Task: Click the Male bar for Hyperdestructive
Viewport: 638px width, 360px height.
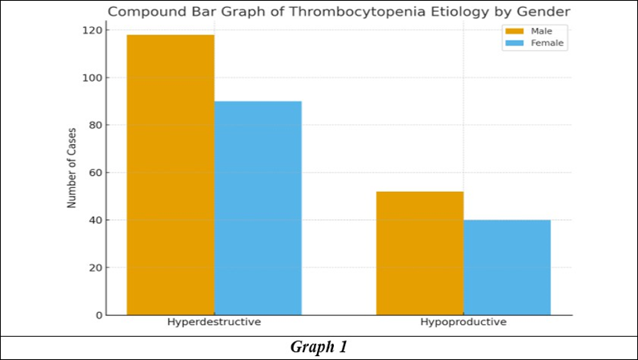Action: [171, 175]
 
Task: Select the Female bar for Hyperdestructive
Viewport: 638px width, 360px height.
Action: [258, 208]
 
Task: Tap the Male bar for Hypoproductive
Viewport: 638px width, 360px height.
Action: [419, 253]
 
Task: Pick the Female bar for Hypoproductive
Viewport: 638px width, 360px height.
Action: [507, 267]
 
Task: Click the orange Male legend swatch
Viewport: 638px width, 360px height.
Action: [514, 31]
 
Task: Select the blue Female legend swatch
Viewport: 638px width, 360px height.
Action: [514, 43]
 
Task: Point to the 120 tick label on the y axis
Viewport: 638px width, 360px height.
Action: [92, 30]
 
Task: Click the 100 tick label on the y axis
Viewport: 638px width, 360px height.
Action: [92, 78]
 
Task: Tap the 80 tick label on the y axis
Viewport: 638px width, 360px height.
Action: [96, 126]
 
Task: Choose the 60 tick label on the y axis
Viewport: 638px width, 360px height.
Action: [96, 173]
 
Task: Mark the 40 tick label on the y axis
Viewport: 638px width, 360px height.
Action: [96, 220]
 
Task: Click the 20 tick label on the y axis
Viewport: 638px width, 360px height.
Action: [96, 268]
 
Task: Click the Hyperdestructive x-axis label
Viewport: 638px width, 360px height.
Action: [214, 322]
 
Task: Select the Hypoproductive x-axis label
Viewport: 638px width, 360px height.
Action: [463, 322]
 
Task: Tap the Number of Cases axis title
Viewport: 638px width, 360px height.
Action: [71, 168]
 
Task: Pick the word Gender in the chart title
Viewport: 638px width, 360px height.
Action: [544, 12]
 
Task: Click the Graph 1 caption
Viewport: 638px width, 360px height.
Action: [319, 347]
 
